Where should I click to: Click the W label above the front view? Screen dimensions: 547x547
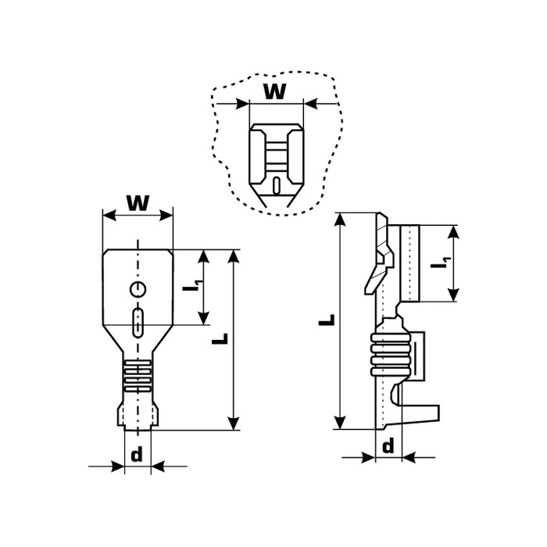pyautogui.click(x=138, y=202)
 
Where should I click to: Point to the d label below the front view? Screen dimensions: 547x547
pyautogui.click(x=138, y=455)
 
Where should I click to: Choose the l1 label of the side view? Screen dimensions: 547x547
pyautogui.click(x=441, y=264)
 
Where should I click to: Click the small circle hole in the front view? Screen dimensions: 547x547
pyautogui.click(x=138, y=291)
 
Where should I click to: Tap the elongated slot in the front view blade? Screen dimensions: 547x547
pyautogui.click(x=138, y=322)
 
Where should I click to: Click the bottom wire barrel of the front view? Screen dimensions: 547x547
pyautogui.click(x=138, y=414)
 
